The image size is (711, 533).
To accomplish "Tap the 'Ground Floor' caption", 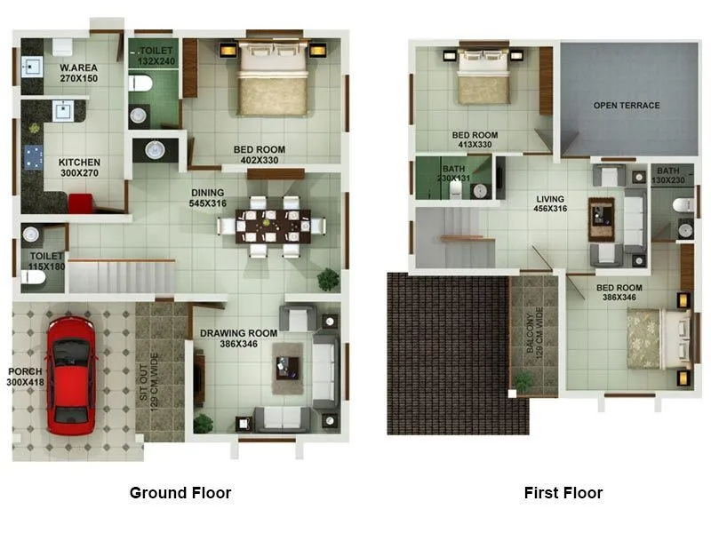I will click(x=180, y=493).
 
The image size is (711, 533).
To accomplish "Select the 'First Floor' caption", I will click(x=563, y=493).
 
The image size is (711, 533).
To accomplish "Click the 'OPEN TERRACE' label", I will click(x=627, y=106).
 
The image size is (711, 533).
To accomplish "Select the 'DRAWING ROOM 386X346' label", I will click(x=228, y=338).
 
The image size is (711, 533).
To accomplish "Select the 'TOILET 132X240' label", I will click(x=157, y=57).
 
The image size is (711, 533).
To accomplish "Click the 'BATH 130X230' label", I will click(x=668, y=175).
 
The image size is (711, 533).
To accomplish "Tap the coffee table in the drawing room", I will click(x=289, y=366).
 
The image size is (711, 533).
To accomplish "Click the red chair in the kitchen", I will click(x=79, y=203).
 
